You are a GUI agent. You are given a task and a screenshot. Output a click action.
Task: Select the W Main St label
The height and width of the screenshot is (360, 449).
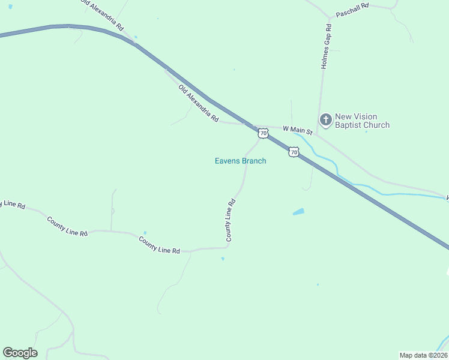tap(298, 130)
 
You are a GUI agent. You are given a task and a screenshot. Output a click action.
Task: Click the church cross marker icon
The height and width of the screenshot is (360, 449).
tap(326, 121)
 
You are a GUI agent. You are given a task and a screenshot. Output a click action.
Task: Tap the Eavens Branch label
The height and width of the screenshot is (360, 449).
tap(240, 161)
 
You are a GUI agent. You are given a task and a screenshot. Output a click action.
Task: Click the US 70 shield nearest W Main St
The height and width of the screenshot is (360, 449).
tap(263, 134)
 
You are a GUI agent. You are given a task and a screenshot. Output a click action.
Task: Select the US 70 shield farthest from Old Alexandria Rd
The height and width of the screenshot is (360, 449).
tap(293, 152)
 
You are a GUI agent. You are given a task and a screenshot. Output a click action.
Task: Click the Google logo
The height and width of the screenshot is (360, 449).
tap(20, 353)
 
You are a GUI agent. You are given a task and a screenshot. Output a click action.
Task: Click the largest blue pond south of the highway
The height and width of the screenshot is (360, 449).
tap(298, 212)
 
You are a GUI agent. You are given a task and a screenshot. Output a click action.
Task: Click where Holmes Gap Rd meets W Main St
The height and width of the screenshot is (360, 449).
tap(318, 132)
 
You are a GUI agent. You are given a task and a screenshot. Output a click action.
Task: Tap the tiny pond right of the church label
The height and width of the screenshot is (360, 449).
tap(367, 131)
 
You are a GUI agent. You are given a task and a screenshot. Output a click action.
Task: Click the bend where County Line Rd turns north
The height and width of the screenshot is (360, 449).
tap(229, 246)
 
